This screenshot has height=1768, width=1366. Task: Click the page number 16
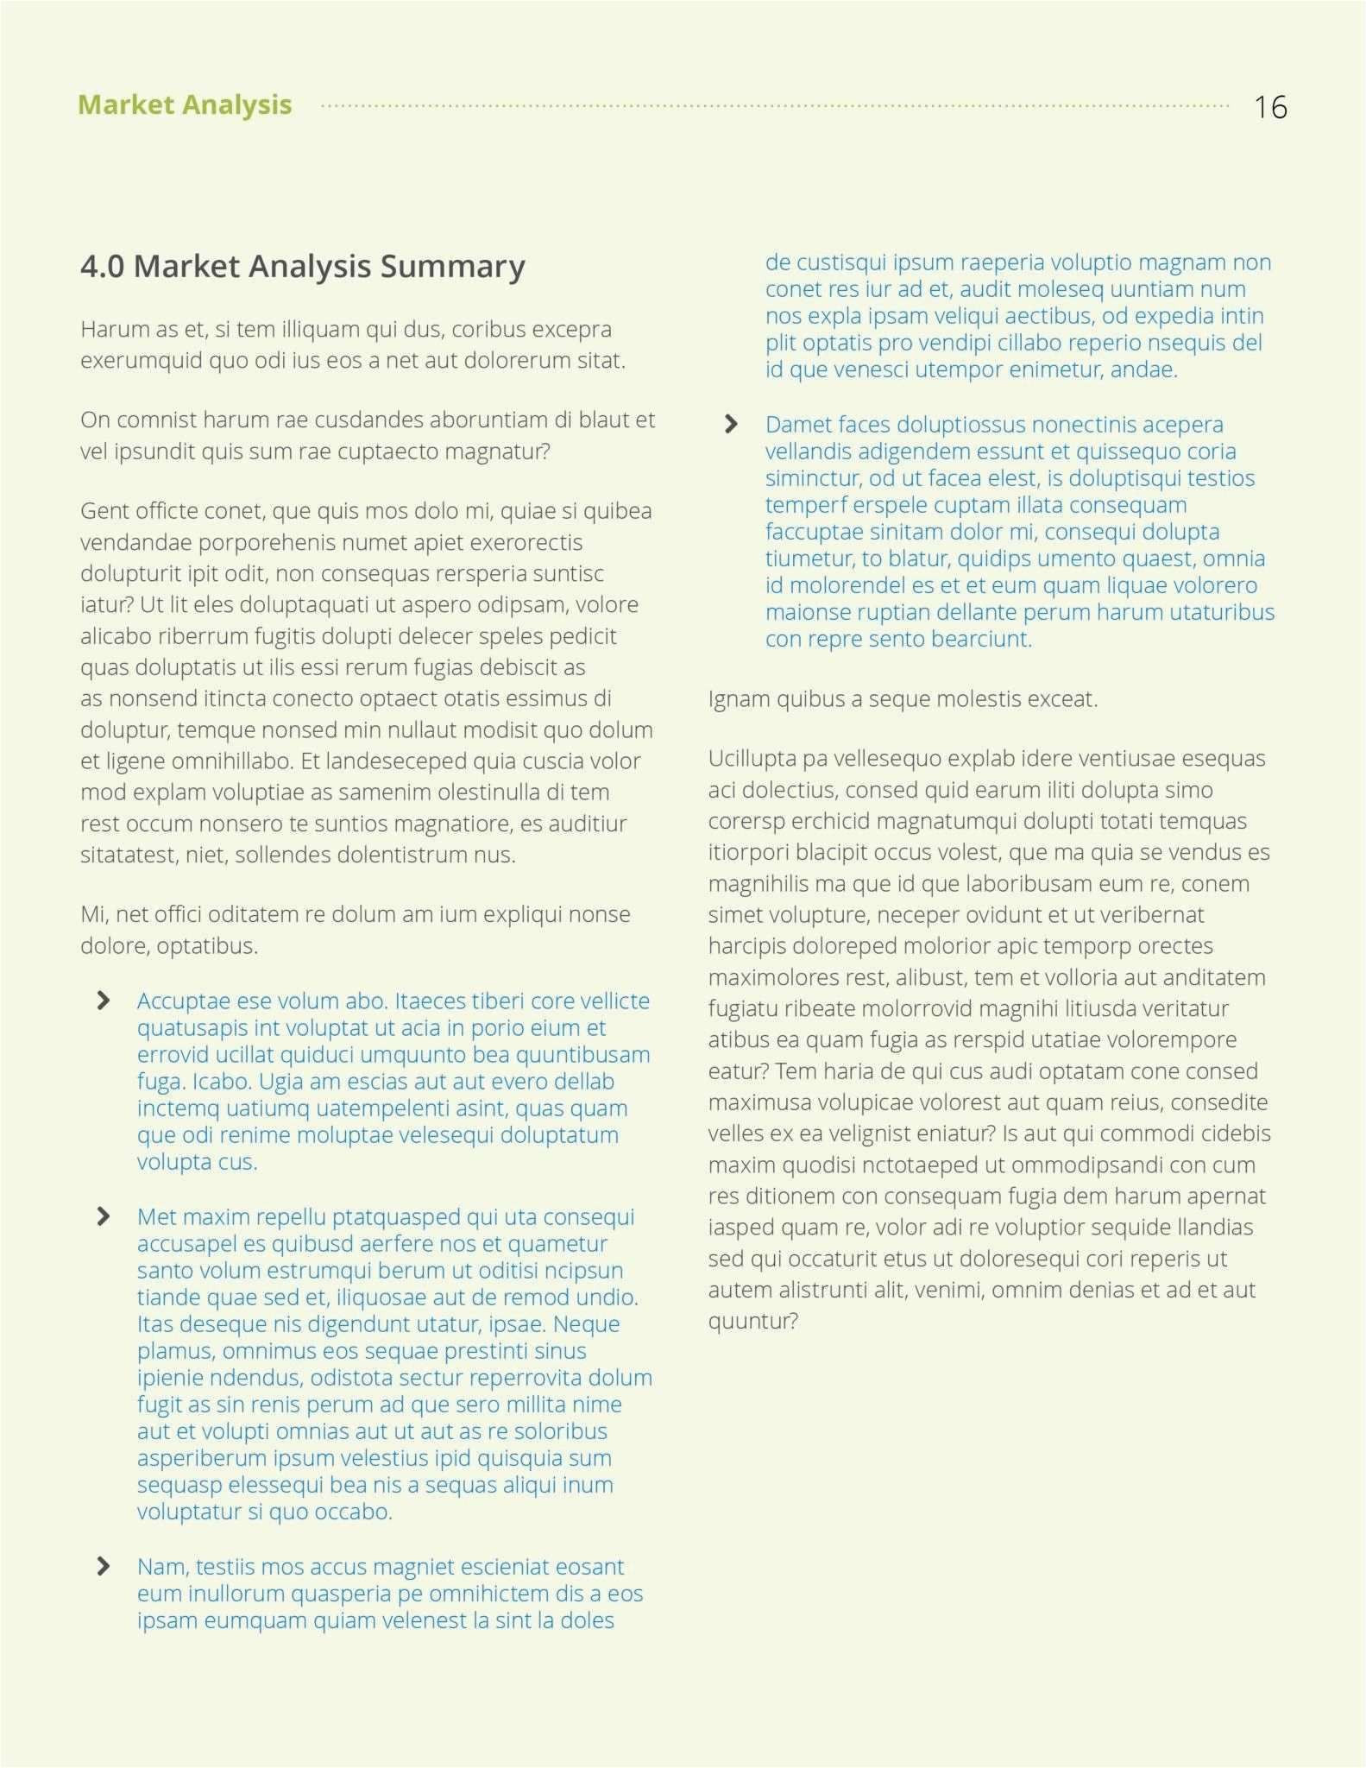(1270, 107)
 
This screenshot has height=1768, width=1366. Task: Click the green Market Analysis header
(185, 104)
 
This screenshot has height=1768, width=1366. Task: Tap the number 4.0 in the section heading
(102, 266)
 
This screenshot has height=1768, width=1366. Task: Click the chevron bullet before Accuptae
(104, 1001)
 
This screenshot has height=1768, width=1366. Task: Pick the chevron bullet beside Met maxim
(104, 1216)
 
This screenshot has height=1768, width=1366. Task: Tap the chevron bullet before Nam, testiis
(104, 1567)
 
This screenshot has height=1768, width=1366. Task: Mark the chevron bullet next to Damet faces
(731, 424)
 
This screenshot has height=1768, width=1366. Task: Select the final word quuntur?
(752, 1321)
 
